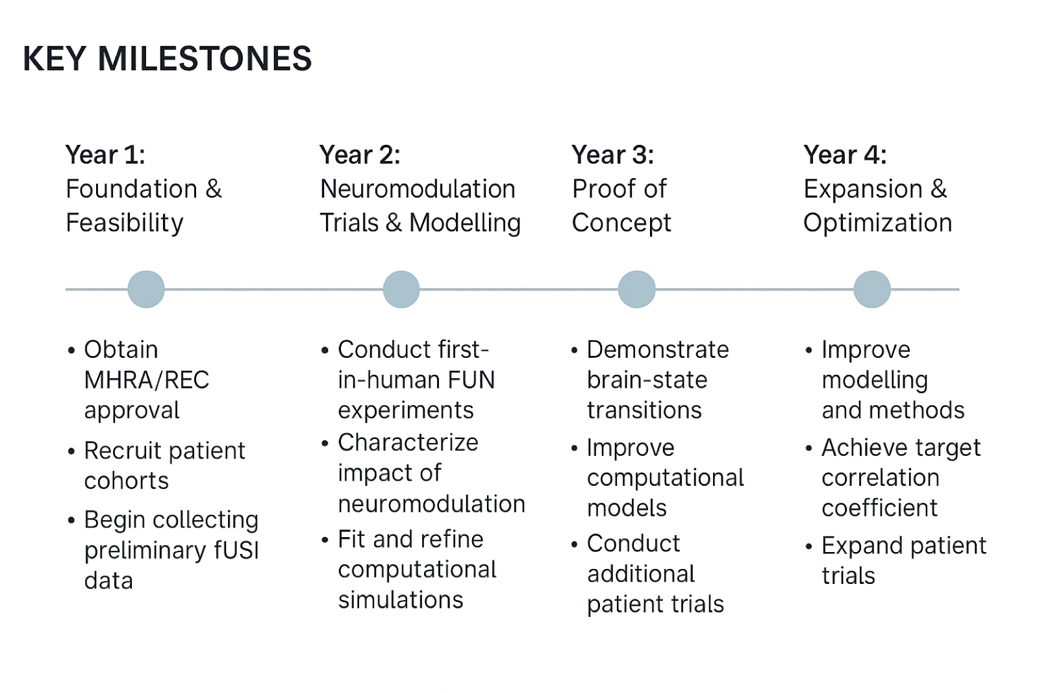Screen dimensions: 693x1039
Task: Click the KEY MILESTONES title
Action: pyautogui.click(x=167, y=58)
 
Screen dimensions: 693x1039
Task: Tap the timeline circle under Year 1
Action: pyautogui.click(x=146, y=289)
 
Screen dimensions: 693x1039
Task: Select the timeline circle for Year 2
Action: pyautogui.click(x=401, y=289)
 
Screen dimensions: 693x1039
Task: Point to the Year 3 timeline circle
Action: pyautogui.click(x=636, y=289)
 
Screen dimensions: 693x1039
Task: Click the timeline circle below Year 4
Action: pyautogui.click(x=871, y=289)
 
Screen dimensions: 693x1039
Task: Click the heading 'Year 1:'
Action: pyautogui.click(x=105, y=155)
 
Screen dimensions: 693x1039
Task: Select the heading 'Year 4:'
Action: pyautogui.click(x=845, y=155)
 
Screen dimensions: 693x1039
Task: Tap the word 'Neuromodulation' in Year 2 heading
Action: pyautogui.click(x=418, y=189)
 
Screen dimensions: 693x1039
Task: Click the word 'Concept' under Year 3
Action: pyautogui.click(x=621, y=223)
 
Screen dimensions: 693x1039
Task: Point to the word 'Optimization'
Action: pyautogui.click(x=877, y=223)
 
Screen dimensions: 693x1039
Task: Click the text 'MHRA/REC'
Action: pyautogui.click(x=147, y=380)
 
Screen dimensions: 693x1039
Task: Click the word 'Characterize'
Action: pyautogui.click(x=408, y=442)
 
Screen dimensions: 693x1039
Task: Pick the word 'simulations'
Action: pyautogui.click(x=401, y=599)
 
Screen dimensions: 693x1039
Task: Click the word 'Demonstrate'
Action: pyautogui.click(x=658, y=349)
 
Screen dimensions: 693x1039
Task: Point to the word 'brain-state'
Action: pyautogui.click(x=647, y=380)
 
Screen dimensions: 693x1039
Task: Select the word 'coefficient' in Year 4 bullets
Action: pyautogui.click(x=879, y=508)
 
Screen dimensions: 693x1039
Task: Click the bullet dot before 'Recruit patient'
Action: pyautogui.click(x=71, y=451)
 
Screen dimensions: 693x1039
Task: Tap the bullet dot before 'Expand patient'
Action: pyautogui.click(x=808, y=547)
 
